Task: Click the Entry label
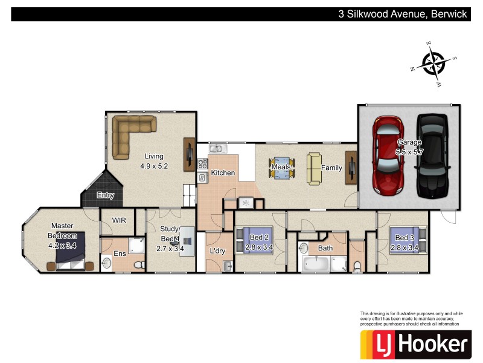106,195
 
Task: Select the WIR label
119,220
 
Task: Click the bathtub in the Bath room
315,263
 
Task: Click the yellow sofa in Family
315,168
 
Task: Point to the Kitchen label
223,173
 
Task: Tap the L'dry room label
217,250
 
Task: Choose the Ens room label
120,253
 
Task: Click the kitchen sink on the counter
217,148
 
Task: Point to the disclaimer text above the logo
411,318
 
